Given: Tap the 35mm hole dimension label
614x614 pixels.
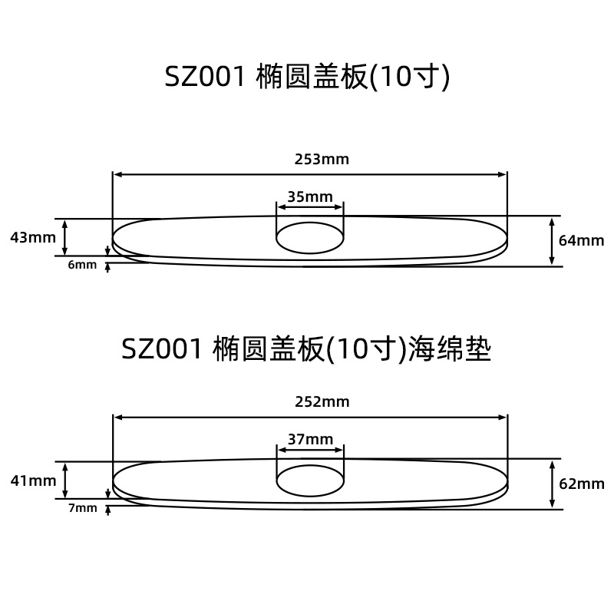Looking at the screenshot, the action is pyautogui.click(x=310, y=196).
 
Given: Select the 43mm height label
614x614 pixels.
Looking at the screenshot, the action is pyautogui.click(x=33, y=237).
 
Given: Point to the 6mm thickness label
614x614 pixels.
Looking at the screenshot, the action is pyautogui.click(x=82, y=265).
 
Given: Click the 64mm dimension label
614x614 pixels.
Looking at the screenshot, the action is pyautogui.click(x=582, y=240).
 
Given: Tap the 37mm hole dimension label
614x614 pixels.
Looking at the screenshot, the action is pyautogui.click(x=310, y=439).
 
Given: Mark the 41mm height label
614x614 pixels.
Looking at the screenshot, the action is pyautogui.click(x=33, y=481).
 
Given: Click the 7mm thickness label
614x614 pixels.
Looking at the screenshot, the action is pyautogui.click(x=82, y=507).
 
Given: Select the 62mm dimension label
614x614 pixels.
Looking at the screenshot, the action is pyautogui.click(x=582, y=484).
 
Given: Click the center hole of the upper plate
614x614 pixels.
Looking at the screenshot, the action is pyautogui.click(x=309, y=237).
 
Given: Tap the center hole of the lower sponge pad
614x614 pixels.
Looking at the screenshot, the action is pyautogui.click(x=309, y=481).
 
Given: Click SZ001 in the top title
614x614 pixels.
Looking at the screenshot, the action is pyautogui.click(x=203, y=78).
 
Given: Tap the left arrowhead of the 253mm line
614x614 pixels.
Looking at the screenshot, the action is pyautogui.click(x=117, y=174).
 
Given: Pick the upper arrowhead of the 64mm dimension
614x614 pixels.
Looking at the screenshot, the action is pyautogui.click(x=553, y=221).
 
